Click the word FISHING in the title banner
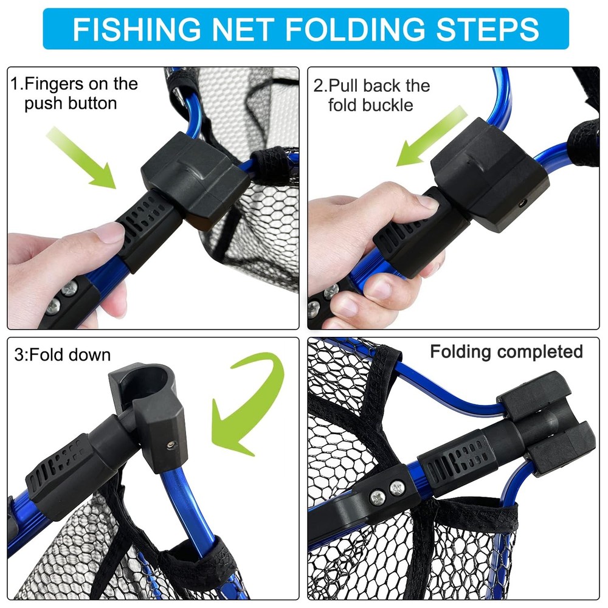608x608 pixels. tap(137, 29)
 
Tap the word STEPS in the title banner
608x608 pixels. tap(488, 29)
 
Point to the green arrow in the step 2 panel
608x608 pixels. tap(432, 136)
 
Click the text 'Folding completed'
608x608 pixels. tap(506, 351)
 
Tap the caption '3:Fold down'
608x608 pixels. tap(63, 355)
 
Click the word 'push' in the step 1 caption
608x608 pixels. tap(43, 103)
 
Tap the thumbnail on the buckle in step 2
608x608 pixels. tap(427, 202)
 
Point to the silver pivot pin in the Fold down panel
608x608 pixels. tap(171, 446)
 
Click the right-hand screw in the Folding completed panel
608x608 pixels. tap(396, 488)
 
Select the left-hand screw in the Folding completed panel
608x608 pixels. tap(378, 497)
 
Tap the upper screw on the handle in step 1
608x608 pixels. tap(69, 288)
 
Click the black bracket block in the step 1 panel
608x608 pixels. tap(196, 178)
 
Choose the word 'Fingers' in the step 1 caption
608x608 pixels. tap(53, 84)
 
